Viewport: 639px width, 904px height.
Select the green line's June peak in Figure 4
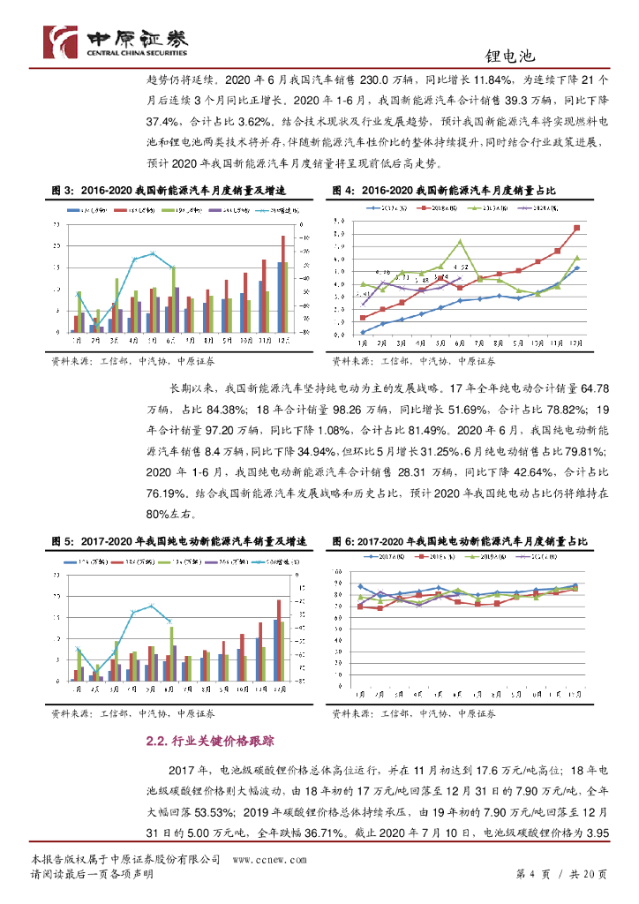(460, 241)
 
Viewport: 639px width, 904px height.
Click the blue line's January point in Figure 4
(363, 331)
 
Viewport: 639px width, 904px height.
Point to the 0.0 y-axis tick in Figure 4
(340, 335)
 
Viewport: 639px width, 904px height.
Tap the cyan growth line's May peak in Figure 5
(152, 606)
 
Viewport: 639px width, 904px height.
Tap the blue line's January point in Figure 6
(360, 586)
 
